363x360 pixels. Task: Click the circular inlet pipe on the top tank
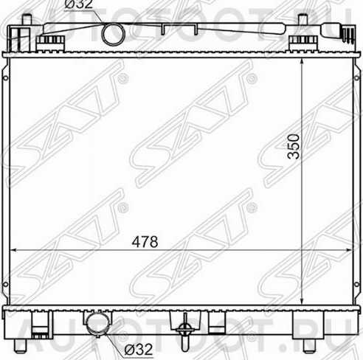pyautogui.click(x=113, y=33)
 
